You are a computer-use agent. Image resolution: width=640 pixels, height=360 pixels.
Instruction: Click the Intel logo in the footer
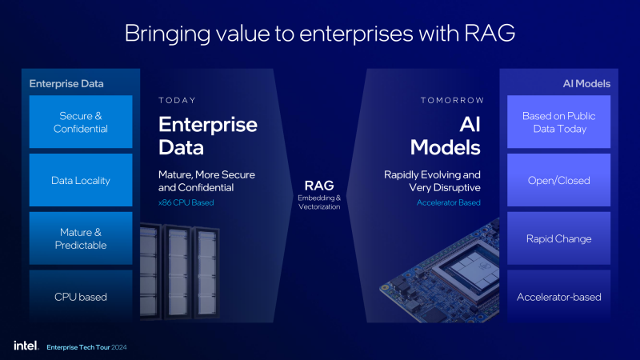(x=26, y=346)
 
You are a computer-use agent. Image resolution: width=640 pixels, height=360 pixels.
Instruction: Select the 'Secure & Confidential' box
(x=81, y=122)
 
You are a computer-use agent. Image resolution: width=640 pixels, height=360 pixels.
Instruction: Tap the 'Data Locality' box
(x=81, y=180)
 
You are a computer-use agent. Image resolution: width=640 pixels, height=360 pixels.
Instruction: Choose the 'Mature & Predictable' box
(x=81, y=238)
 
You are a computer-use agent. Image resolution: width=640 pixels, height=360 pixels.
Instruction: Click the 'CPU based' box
(x=81, y=296)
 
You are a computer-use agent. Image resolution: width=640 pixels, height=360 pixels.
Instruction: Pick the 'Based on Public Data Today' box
(x=558, y=122)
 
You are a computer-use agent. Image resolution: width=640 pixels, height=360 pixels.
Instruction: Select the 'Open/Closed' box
(x=558, y=180)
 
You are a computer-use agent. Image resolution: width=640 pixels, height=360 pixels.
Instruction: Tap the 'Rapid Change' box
(x=558, y=238)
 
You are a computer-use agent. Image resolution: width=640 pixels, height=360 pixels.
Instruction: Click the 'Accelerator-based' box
(x=558, y=296)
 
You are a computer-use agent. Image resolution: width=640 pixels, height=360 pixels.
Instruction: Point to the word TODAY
(x=177, y=101)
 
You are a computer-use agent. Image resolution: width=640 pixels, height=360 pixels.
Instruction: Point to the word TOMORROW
(x=452, y=101)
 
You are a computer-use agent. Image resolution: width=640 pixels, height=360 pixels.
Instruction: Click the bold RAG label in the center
(x=319, y=186)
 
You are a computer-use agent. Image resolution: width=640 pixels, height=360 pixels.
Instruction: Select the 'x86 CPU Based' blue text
(x=186, y=202)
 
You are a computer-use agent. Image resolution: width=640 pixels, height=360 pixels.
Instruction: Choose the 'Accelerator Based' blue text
(x=449, y=202)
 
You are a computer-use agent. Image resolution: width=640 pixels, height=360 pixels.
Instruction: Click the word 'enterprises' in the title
(x=356, y=34)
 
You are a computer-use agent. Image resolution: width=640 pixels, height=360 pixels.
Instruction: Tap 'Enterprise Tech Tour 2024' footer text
(x=86, y=347)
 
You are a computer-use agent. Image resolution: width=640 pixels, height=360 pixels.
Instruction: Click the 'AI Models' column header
(x=586, y=84)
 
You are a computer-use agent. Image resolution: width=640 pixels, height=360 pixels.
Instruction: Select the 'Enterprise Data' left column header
(x=66, y=84)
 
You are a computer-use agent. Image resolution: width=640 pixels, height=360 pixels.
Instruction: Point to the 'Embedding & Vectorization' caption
(x=319, y=202)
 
